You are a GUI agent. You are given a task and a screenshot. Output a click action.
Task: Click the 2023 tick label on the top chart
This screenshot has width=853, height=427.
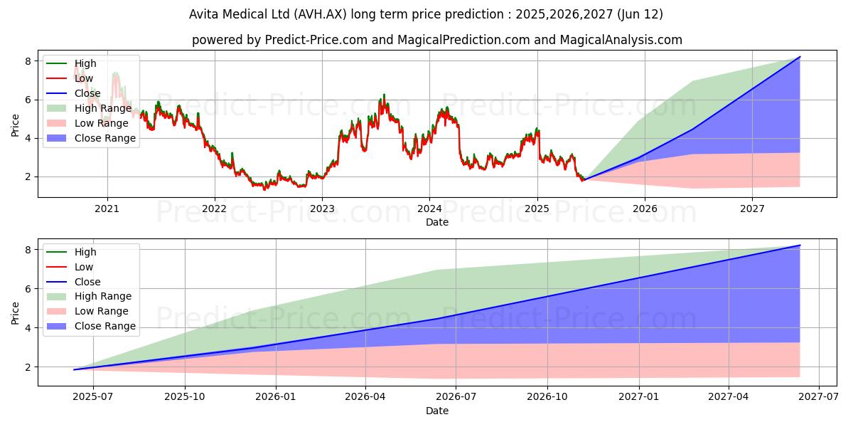[321, 209]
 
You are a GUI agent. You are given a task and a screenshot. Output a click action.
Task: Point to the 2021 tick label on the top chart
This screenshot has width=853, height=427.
[107, 209]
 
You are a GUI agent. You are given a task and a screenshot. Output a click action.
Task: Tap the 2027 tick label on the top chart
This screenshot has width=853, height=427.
[752, 209]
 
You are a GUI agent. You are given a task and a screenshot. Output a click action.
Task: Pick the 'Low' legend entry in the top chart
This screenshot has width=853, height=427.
[84, 78]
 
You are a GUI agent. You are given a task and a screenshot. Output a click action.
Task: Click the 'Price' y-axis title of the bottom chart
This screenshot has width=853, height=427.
[15, 312]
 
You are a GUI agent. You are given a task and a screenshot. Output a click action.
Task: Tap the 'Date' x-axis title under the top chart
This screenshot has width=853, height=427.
[436, 222]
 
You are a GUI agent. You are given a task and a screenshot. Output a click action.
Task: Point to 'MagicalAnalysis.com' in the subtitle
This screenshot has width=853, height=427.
[621, 40]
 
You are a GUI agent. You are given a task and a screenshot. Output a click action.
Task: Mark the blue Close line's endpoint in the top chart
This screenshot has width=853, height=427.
[800, 57]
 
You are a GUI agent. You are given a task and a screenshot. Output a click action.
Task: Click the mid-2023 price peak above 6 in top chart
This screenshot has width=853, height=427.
[384, 95]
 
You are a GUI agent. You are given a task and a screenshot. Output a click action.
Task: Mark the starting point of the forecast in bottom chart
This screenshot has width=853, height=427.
[74, 369]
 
